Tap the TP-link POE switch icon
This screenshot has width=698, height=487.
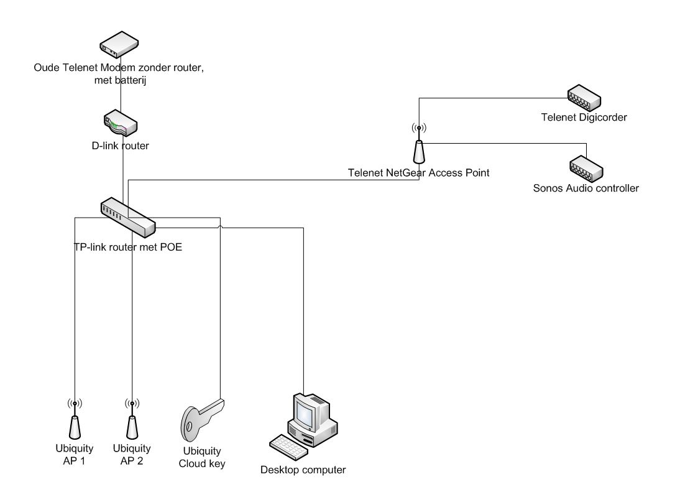(127, 216)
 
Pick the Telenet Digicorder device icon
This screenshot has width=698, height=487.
(584, 97)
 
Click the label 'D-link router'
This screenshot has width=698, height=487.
(120, 146)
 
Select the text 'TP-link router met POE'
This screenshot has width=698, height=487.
(128, 246)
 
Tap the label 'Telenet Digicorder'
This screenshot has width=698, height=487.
(584, 117)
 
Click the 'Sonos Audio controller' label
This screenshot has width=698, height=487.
(585, 188)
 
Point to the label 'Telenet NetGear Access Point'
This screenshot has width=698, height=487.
(418, 173)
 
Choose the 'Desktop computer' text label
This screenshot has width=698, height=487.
(303, 470)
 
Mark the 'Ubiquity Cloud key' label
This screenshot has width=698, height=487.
(202, 457)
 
